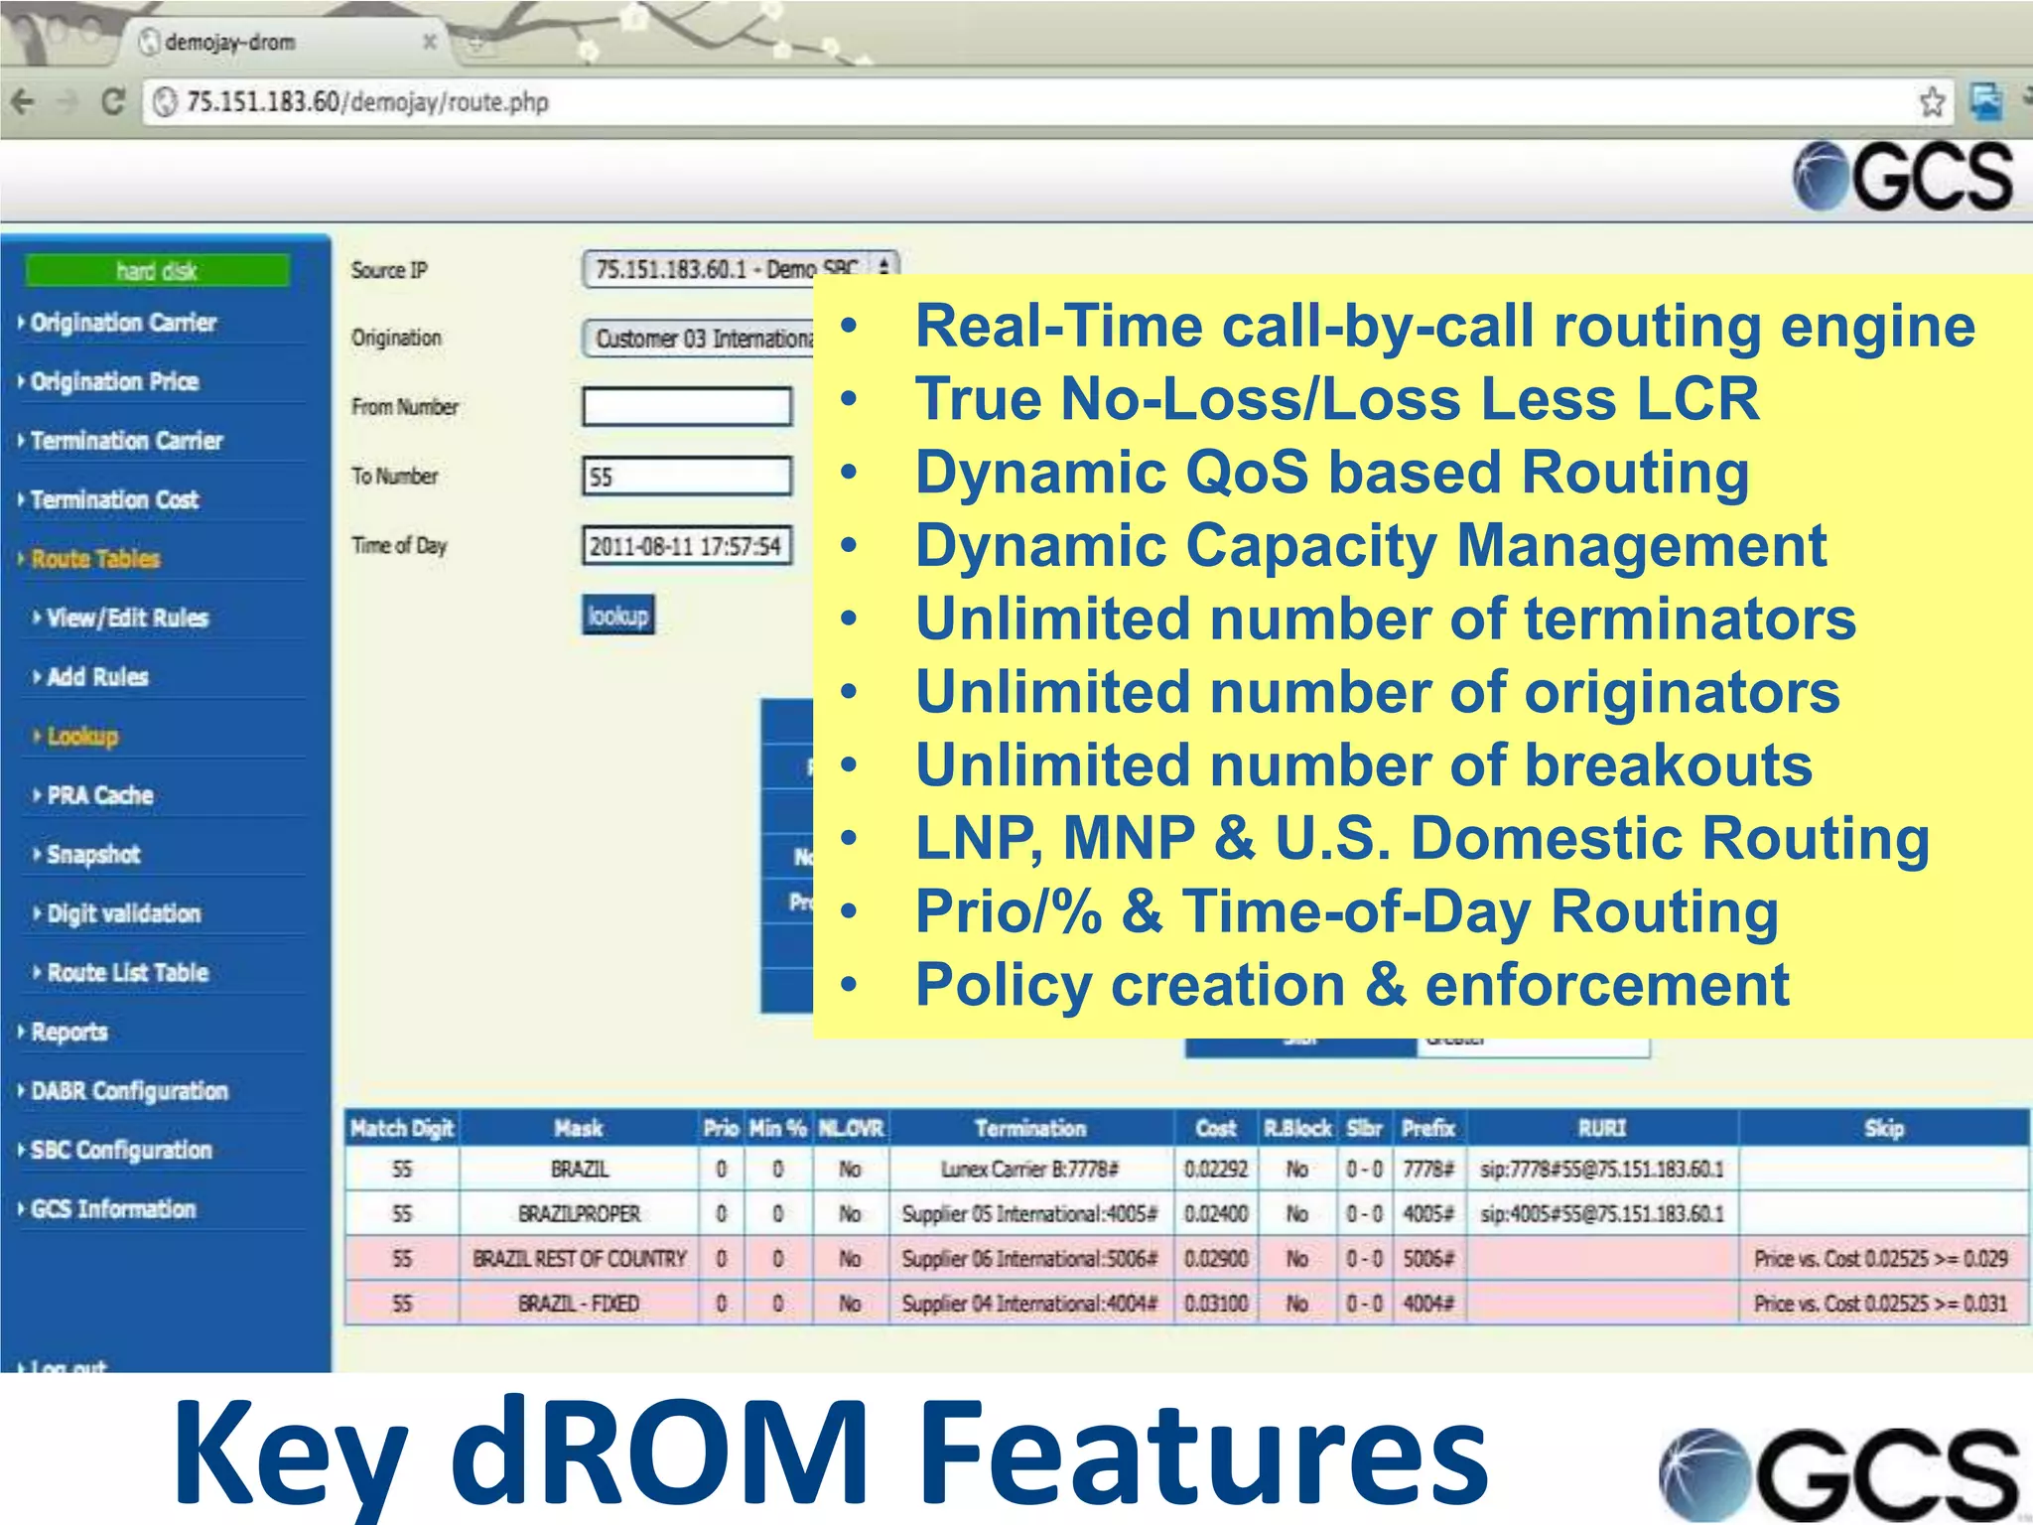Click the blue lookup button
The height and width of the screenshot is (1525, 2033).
coord(617,616)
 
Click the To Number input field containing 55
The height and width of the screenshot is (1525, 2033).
coord(687,477)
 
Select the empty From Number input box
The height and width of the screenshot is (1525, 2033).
coord(687,407)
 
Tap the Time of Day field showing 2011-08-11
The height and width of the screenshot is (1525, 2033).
coord(687,546)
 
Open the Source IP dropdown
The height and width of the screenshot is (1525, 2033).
coord(740,269)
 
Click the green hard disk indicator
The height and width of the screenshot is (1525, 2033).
coord(157,270)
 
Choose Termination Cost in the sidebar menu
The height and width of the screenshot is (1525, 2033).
coord(114,499)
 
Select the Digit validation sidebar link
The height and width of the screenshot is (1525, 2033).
coord(123,913)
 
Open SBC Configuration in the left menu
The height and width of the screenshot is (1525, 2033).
coord(121,1150)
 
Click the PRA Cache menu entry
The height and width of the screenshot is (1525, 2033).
coord(100,795)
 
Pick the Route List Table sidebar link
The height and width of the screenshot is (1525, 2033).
coord(127,972)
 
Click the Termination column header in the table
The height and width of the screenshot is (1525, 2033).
coord(1030,1129)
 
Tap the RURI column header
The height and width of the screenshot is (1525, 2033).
coord(1602,1129)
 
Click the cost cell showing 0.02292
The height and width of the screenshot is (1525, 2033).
coord(1215,1170)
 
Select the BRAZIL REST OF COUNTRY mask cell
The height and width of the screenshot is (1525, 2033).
coord(580,1259)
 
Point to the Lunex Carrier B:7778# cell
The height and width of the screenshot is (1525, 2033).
coord(1029,1170)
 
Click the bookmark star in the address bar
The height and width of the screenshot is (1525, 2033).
coord(1932,101)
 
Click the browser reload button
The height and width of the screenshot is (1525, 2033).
coord(113,101)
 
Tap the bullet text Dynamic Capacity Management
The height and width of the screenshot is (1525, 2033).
coord(1370,545)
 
